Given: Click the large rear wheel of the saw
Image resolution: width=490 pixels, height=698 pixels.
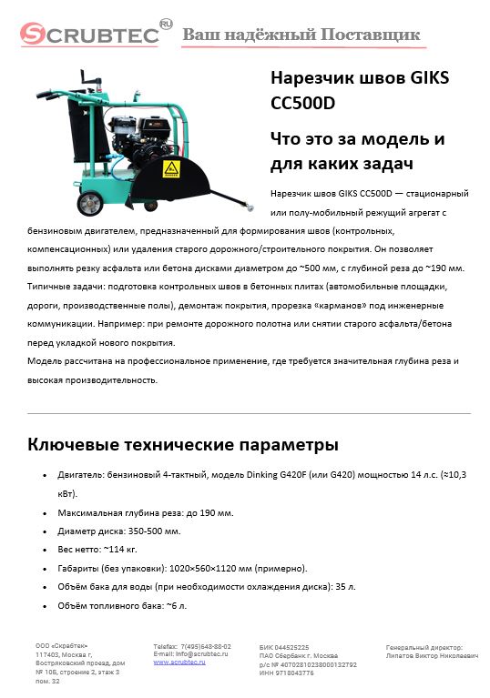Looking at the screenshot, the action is pos(87,203).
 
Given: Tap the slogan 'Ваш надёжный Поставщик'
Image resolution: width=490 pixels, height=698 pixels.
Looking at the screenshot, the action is pos(301,35).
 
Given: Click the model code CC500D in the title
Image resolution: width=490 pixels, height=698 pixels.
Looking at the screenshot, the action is pos(302,103).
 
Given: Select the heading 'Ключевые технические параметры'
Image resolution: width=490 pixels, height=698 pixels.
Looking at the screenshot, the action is pos(183,445).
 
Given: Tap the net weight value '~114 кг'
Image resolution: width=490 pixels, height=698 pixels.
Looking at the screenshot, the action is pos(123,550).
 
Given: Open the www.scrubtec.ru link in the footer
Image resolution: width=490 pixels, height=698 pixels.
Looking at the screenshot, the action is pos(179,662).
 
